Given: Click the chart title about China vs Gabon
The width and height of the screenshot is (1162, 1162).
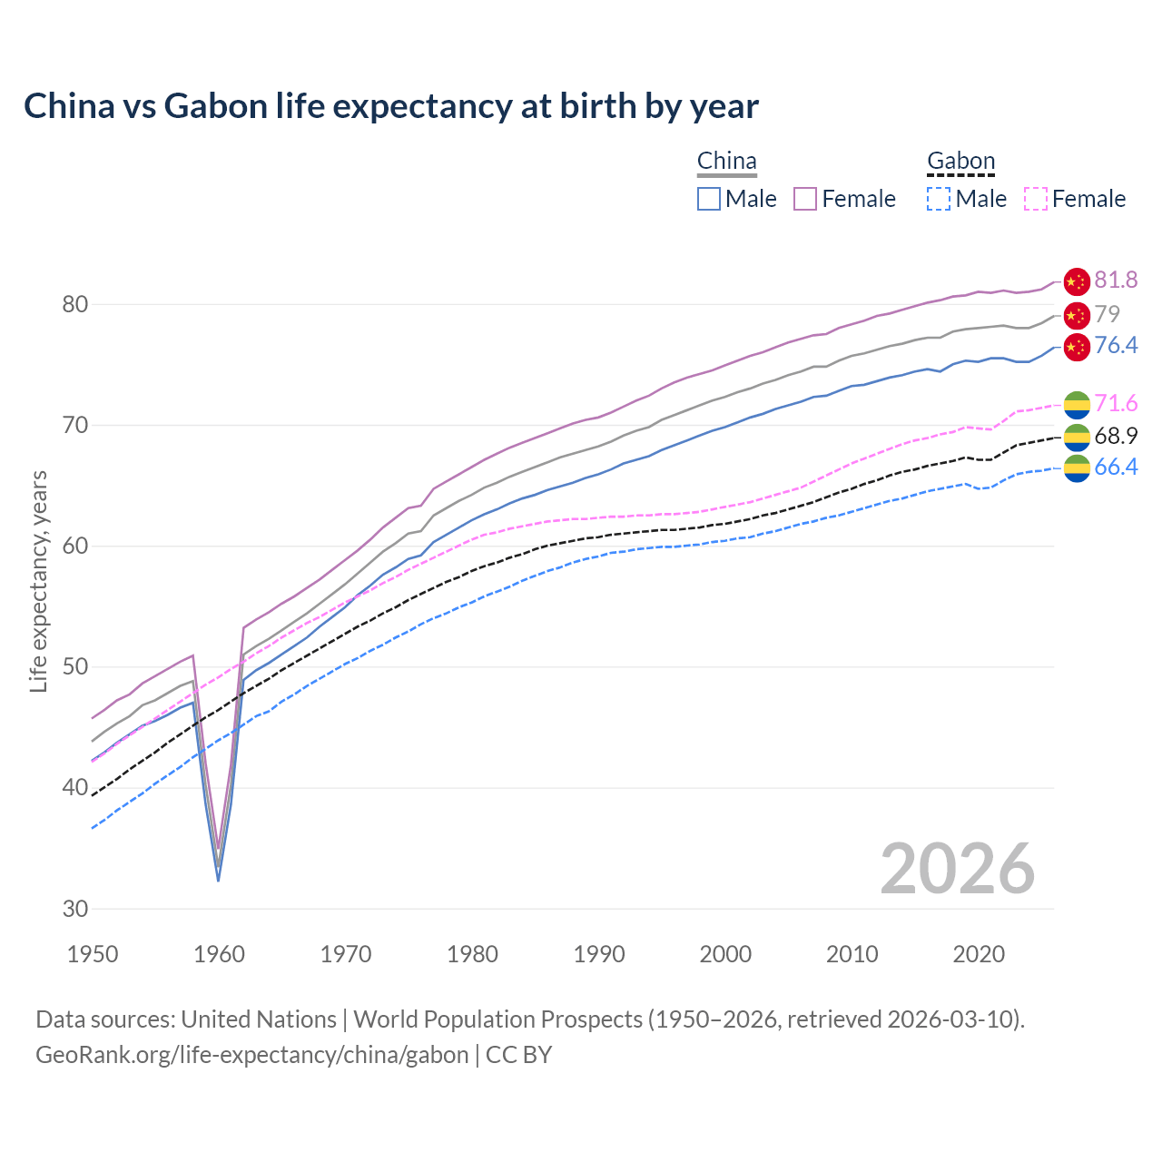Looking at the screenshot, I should (390, 106).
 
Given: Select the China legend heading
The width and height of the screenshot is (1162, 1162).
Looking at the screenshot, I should (726, 162).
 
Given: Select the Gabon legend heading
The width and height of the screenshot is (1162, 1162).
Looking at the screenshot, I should (960, 162).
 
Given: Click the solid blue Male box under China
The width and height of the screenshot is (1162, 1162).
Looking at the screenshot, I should (709, 199).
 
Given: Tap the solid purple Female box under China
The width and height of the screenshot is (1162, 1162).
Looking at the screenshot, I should (805, 199).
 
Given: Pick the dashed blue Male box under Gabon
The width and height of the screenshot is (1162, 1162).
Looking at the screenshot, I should (939, 199).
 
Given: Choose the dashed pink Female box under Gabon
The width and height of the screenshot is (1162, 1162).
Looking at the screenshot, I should (1036, 199).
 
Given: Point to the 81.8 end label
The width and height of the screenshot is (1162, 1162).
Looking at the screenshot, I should (1116, 281).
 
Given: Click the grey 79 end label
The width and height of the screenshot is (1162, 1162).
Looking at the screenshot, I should (1107, 314).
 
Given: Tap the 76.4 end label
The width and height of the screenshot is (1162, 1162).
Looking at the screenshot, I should (1116, 346).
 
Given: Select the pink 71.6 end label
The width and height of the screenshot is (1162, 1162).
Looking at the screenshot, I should (1116, 404).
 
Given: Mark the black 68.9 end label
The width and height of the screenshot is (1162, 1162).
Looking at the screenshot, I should (1116, 437).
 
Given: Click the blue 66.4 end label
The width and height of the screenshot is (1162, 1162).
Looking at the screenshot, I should (1116, 468).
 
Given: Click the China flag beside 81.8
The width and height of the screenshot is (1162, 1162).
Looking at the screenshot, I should (1076, 281).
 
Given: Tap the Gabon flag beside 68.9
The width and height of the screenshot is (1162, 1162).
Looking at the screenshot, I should (1076, 437).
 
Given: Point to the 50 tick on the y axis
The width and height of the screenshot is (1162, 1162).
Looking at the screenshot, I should (75, 667).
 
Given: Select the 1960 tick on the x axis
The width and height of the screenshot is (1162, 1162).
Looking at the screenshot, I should (220, 954).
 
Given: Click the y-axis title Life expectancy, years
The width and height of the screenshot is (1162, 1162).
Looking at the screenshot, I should (38, 581).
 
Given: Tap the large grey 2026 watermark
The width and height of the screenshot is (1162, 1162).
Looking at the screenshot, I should (957, 869).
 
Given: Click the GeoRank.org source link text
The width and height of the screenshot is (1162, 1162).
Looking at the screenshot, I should (251, 1055).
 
